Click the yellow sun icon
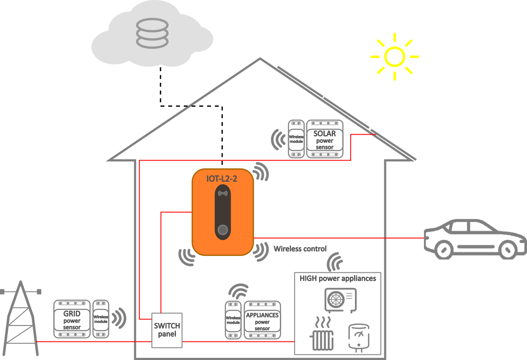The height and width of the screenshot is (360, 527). pos(395,57)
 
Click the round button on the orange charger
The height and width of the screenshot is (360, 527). pos(223,230)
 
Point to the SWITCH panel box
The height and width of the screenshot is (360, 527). pos(167,330)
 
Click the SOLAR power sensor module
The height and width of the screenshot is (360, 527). pos(325,139)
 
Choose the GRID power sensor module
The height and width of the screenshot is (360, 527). pos(72,319)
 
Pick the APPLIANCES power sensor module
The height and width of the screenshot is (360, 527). pos(262,320)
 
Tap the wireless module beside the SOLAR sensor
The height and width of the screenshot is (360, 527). pos(296,139)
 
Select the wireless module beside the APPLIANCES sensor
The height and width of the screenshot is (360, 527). pos(233,320)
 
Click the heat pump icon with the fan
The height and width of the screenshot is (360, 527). pos(340,299)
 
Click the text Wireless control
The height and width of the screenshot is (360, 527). pos(300,249)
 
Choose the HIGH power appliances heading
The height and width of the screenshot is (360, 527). pos(338,278)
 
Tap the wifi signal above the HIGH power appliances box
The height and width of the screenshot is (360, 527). pos(336,262)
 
